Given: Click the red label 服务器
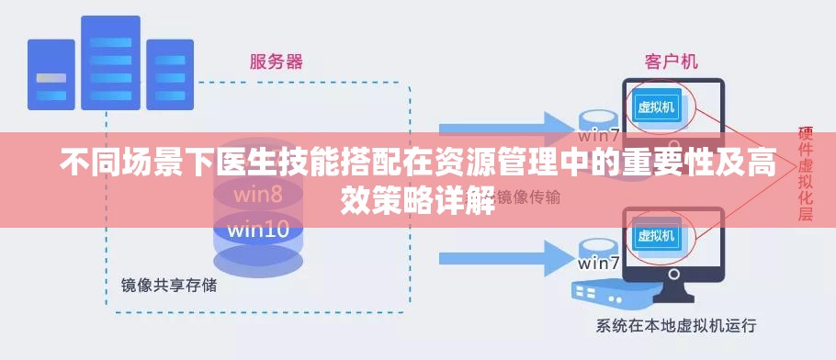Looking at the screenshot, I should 276,62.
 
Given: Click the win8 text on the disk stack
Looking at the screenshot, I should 257,195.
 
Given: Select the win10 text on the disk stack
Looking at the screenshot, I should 258,229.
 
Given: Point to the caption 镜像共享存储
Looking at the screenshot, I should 169,286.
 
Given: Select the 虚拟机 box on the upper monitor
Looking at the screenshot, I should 656,107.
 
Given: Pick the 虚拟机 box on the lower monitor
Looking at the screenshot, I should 656,235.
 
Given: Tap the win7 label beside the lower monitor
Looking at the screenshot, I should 599,264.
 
